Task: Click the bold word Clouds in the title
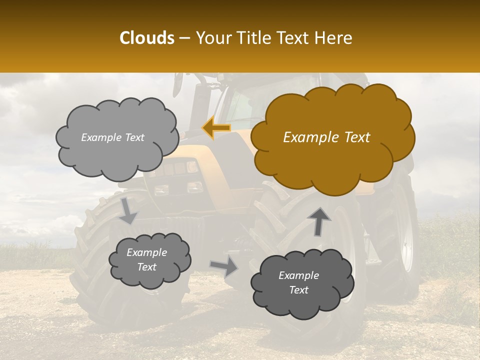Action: [147, 38]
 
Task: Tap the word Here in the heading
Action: [334, 38]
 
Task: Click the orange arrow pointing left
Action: [216, 128]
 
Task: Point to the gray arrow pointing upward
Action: [319, 220]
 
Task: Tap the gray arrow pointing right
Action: [223, 266]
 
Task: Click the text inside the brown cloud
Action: [326, 137]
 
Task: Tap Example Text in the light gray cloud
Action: [112, 137]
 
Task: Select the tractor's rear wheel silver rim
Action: [407, 230]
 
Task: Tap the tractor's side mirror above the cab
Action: [178, 85]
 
